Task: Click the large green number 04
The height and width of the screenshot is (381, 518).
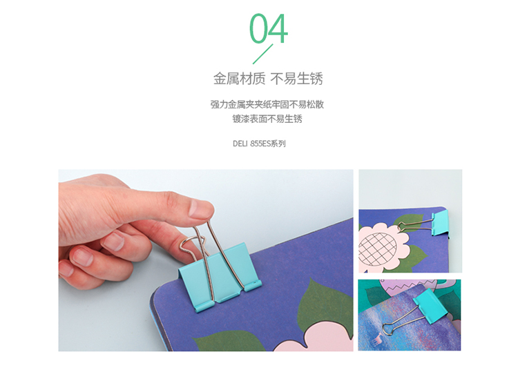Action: [269, 29]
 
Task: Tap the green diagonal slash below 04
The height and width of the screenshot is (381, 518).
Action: [263, 54]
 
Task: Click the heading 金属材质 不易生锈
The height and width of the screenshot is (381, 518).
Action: [268, 79]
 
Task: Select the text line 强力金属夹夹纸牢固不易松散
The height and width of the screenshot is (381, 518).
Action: [267, 104]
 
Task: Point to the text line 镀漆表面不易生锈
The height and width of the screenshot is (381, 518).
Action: [267, 119]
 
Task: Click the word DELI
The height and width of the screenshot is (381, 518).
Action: [240, 144]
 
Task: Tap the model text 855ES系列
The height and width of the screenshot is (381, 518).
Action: [268, 144]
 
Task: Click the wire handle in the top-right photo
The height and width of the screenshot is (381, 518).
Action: [415, 226]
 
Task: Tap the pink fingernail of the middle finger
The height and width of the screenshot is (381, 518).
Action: [82, 257]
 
